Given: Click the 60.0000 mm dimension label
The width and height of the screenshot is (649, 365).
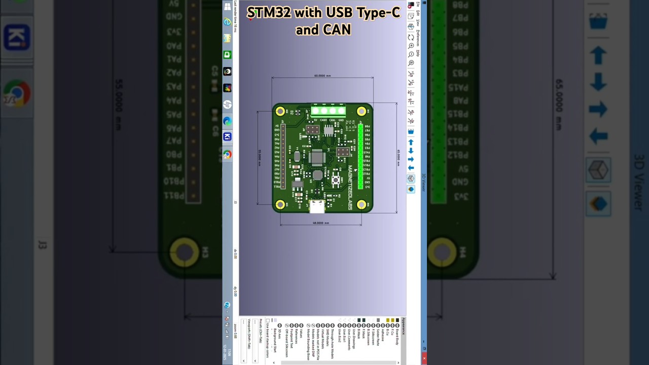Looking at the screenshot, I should coord(322,76).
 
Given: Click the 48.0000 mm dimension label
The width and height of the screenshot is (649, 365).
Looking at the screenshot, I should coord(320,223).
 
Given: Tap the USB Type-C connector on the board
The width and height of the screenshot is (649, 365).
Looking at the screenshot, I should coord(317,206).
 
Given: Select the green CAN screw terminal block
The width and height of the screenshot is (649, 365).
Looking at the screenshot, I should coord(328,111).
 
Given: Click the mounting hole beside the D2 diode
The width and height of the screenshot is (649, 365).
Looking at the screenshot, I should coord(280,111).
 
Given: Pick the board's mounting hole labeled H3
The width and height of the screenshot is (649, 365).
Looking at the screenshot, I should coord(280,204).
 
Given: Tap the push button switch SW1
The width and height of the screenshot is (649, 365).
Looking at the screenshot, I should coord(336,179).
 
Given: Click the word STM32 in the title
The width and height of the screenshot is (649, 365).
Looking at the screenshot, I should coord(269,13).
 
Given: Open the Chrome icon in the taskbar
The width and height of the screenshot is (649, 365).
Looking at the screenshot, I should coord(227,155).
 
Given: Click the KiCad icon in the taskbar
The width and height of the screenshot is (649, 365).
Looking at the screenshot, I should coord(227,137).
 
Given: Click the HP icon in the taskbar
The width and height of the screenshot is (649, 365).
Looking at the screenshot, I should coord(227,104).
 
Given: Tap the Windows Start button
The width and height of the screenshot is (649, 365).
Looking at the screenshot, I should coord(227,7).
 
